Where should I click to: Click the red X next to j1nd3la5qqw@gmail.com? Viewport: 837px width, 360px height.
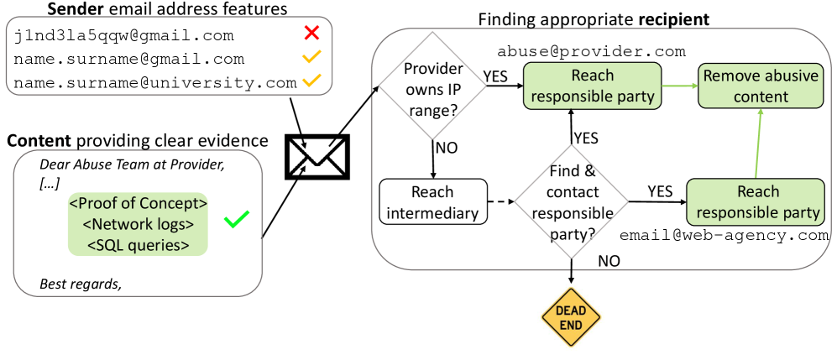pyautogui.click(x=312, y=35)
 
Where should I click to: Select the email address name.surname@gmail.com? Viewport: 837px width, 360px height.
pyautogui.click(x=129, y=59)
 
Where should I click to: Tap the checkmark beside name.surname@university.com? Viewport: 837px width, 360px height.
pyautogui.click(x=312, y=82)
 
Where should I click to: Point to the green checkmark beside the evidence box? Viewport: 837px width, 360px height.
pyautogui.click(x=237, y=221)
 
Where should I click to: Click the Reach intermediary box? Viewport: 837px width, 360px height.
pyautogui.click(x=433, y=201)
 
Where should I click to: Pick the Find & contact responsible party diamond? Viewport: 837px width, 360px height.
pyautogui.click(x=571, y=201)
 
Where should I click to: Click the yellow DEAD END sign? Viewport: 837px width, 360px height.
pyautogui.click(x=572, y=316)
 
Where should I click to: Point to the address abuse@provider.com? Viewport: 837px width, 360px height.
pyautogui.click(x=591, y=52)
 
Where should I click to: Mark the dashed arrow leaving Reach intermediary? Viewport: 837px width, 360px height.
pyautogui.click(x=500, y=201)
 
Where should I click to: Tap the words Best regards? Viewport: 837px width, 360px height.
pyautogui.click(x=81, y=284)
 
